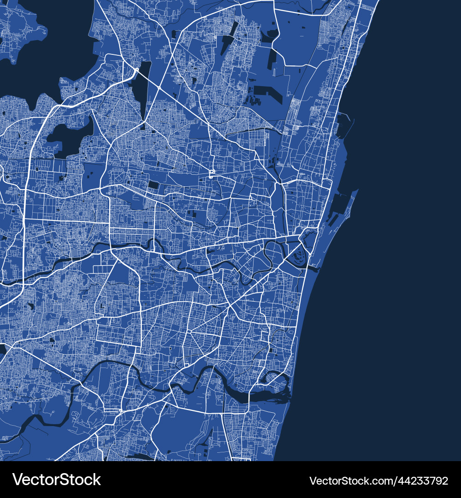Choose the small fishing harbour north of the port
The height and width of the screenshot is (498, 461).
(x=343, y=125)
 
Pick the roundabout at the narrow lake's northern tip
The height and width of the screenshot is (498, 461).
(x=137, y=69)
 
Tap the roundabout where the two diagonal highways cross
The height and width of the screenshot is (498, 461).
(x=159, y=87)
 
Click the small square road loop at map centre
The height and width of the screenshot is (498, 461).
(x=212, y=174)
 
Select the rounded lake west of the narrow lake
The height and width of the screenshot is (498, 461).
(x=69, y=136)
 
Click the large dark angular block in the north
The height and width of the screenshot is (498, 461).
(x=267, y=92)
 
